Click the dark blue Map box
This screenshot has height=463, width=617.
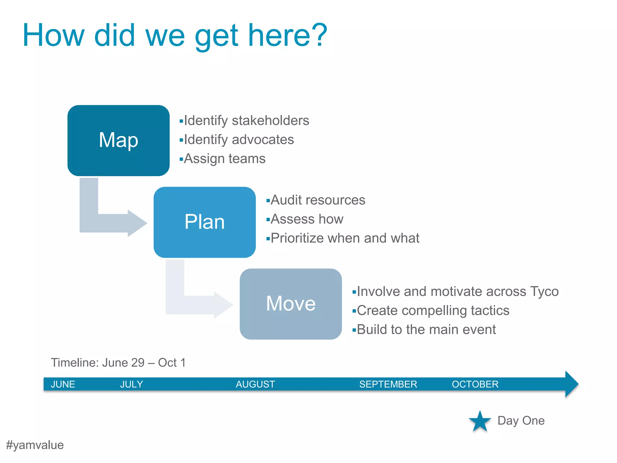pyautogui.click(x=118, y=140)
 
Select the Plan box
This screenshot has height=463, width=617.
pyautogui.click(x=205, y=222)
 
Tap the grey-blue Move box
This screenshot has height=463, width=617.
pyautogui.click(x=291, y=304)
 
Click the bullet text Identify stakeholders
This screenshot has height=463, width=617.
pyautogui.click(x=246, y=121)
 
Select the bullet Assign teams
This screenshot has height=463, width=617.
pyautogui.click(x=224, y=159)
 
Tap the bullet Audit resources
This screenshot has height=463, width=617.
pyautogui.click(x=318, y=200)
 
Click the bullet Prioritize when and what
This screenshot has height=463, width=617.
pyautogui.click(x=345, y=238)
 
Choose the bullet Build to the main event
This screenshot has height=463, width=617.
pyautogui.click(x=426, y=329)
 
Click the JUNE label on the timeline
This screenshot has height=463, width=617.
pyautogui.click(x=63, y=384)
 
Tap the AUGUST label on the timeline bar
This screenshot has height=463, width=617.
pyautogui.click(x=255, y=384)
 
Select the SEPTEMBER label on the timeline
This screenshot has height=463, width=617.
pyautogui.click(x=388, y=384)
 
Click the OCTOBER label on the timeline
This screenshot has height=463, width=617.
pyautogui.click(x=475, y=384)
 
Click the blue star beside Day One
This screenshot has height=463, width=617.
pyautogui.click(x=480, y=421)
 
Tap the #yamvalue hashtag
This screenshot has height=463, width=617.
pyautogui.click(x=35, y=445)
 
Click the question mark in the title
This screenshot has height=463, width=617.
pyautogui.click(x=317, y=36)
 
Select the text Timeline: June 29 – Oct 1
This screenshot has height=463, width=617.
pyautogui.click(x=118, y=363)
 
